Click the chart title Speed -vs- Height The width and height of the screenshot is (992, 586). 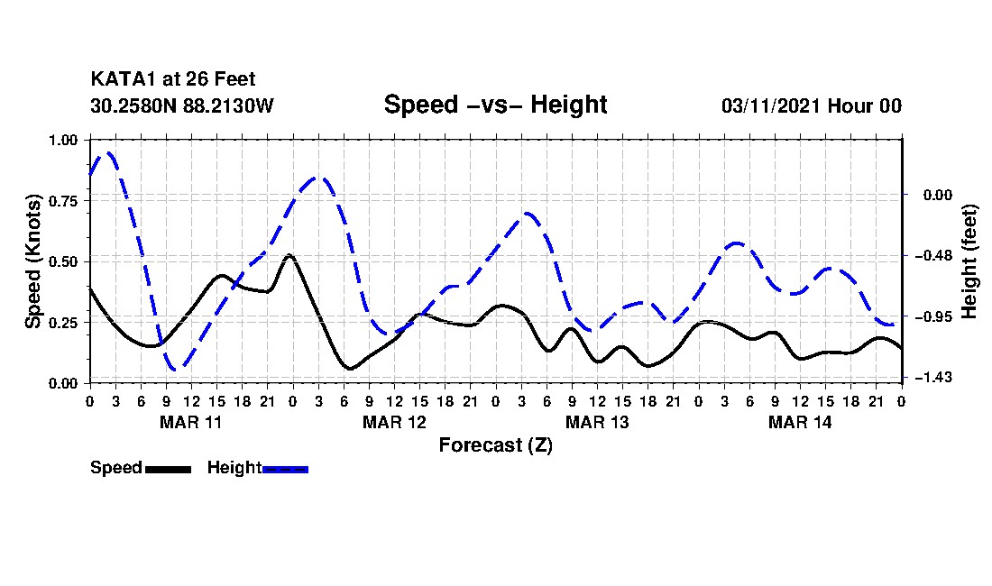coord(495,105)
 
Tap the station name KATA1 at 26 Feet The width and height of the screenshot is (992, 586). coord(172,80)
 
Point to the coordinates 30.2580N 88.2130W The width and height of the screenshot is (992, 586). coord(181,105)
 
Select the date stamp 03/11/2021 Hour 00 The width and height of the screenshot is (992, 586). coord(811,105)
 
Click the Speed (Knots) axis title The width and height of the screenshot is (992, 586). coord(33,261)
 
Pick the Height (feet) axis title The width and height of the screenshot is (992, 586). coord(970,261)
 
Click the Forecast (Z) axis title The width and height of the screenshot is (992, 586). coord(495,444)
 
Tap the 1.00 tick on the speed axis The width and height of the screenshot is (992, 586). coord(64,140)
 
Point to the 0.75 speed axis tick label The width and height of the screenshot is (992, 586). coord(64,201)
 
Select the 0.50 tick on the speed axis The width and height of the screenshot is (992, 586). coord(64,261)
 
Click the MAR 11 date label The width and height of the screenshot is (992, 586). coord(190,422)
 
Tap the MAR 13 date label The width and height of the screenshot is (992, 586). coord(596,422)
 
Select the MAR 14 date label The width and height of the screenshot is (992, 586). coord(799,422)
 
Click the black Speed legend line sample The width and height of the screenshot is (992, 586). coord(168,469)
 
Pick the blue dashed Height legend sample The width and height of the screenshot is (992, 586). coord(285,469)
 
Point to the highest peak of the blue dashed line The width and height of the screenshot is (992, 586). coord(108,152)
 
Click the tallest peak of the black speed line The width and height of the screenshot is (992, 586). coord(289,255)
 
